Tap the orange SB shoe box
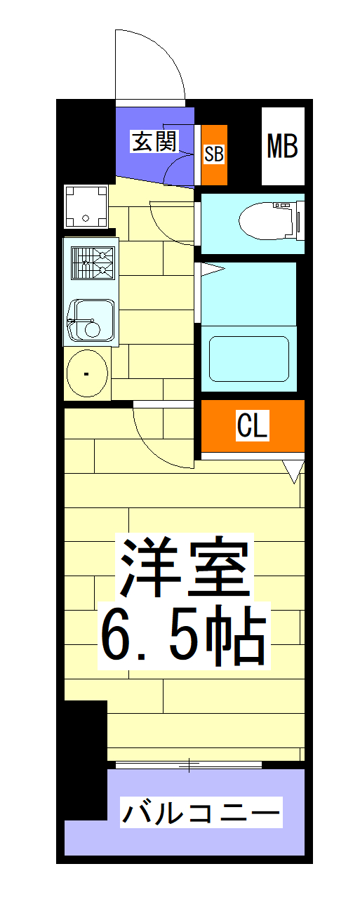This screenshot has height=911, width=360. (214, 154)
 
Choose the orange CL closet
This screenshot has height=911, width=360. (253, 426)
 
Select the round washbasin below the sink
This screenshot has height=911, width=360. (87, 373)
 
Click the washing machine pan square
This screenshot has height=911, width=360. (86, 207)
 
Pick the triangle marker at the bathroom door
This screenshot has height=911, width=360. (211, 269)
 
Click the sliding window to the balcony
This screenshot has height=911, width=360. (189, 764)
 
